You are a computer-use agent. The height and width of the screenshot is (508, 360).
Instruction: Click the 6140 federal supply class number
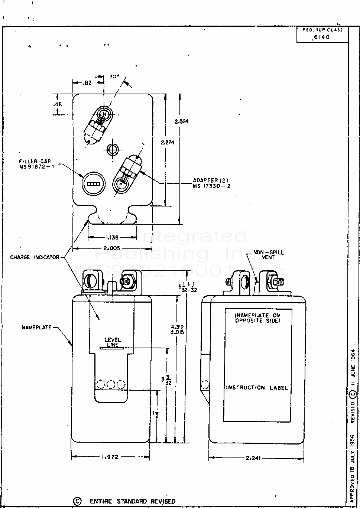tap(321, 37)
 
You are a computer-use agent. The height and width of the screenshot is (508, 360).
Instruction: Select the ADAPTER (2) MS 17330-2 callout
tap(211, 183)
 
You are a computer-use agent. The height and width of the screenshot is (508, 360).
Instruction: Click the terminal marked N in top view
tap(105, 115)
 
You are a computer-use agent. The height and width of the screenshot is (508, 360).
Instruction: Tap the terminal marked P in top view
tap(121, 184)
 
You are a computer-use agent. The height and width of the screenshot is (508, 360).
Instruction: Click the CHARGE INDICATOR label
tap(34, 257)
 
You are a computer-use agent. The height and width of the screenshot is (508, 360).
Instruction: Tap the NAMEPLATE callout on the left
tap(36, 328)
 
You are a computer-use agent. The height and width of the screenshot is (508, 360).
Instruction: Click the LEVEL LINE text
tap(113, 342)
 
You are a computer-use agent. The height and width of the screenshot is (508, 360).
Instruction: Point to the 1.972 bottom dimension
tap(110, 457)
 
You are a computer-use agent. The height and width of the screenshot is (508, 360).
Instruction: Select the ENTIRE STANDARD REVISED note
tap(132, 501)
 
